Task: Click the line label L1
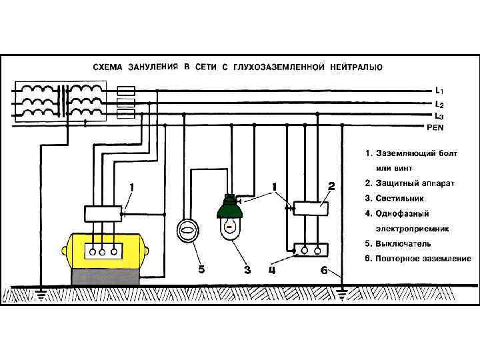point(439,90)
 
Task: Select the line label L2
point(439,104)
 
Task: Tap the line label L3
point(439,115)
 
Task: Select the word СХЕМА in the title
point(106,67)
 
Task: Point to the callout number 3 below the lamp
point(247,270)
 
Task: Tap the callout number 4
point(273,270)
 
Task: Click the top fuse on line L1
point(127,90)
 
